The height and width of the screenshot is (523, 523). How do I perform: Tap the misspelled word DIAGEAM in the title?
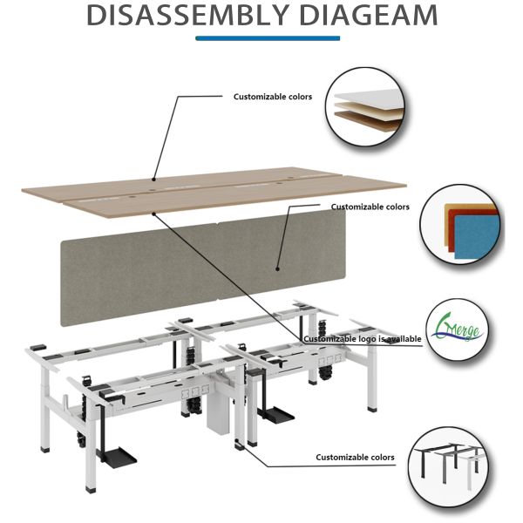point(365,16)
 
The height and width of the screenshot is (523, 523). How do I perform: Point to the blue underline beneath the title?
point(267,37)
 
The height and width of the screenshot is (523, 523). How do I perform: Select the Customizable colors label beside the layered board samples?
point(272,97)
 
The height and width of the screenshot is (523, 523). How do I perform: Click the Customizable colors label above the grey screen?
point(370,207)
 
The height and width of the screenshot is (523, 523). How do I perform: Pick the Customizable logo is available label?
point(362,338)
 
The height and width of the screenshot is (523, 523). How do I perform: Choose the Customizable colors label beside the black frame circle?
point(355,457)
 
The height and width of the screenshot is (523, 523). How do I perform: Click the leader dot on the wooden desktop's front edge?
point(153,211)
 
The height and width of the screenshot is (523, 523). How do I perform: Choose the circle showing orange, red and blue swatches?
point(462,224)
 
